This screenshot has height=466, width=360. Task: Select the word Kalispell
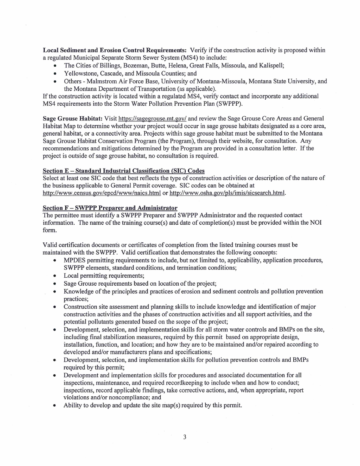tap(271, 66)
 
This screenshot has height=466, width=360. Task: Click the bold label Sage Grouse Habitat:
tap(72, 119)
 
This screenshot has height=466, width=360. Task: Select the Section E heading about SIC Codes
tap(124, 170)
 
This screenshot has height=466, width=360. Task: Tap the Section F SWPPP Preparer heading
tap(110, 208)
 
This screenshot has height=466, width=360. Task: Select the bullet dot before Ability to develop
tap(55, 406)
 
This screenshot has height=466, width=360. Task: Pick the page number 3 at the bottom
tap(185, 437)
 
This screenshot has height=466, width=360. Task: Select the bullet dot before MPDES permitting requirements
tap(55, 261)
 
